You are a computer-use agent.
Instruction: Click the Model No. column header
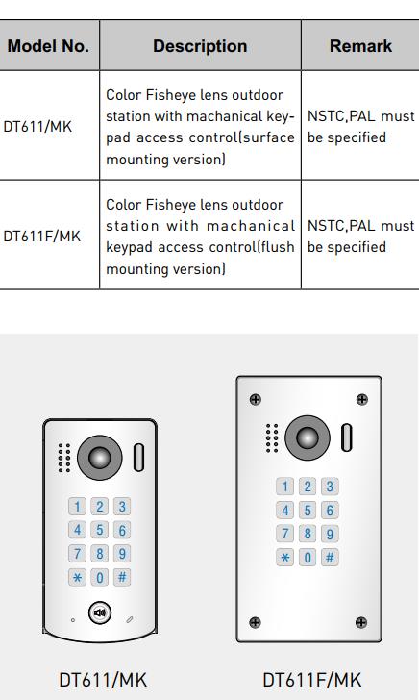pos(48,46)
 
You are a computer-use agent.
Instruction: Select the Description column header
pos(200,46)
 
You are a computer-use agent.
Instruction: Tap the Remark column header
pos(360,46)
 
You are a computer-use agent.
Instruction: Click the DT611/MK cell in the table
pos(37,126)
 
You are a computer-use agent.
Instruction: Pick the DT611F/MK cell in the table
pos(42,236)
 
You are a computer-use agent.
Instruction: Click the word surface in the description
pos(269,137)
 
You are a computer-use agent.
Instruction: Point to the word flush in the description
pos(278,247)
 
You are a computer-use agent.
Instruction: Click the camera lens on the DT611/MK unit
pos(100,458)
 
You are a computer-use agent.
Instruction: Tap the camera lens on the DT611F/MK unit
pos(308,437)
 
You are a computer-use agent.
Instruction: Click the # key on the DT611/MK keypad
pos(122,577)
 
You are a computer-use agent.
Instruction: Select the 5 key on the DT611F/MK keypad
pos(308,510)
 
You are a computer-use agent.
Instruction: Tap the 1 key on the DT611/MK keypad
pos(77,507)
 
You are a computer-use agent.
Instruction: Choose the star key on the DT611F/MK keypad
pos(285,557)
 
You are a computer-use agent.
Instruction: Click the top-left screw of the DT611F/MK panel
pos(256,400)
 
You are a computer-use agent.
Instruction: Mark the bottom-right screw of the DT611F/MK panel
pos(361,622)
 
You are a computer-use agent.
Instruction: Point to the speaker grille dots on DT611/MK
pos(64,458)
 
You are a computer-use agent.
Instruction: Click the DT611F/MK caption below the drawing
pos(312,680)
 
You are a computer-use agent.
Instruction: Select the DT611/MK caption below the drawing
pos(103,680)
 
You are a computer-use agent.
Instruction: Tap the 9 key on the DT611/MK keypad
pos(122,554)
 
